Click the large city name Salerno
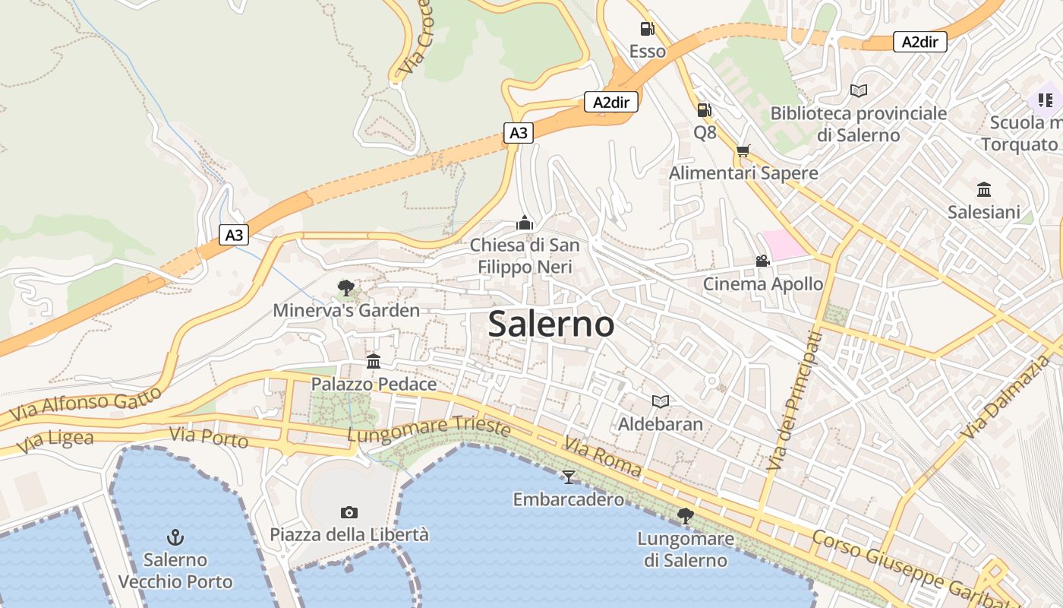pos(551,324)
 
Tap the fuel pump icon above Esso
pos(647,29)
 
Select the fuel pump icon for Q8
pos(705,110)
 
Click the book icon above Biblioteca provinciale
pos(859,90)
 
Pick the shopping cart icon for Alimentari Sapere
pos(743,150)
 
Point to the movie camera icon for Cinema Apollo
pos(762,261)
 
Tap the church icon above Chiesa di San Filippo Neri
pos(524,223)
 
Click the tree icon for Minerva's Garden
pos(346,287)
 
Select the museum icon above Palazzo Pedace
pos(374,361)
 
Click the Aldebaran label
pos(661,423)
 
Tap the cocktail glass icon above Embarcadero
pos(568,477)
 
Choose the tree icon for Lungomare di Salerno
pos(685,516)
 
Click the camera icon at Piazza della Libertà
pos(349,512)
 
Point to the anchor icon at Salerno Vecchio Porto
pos(175,537)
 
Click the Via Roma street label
pos(601,457)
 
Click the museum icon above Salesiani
pos(984,189)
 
